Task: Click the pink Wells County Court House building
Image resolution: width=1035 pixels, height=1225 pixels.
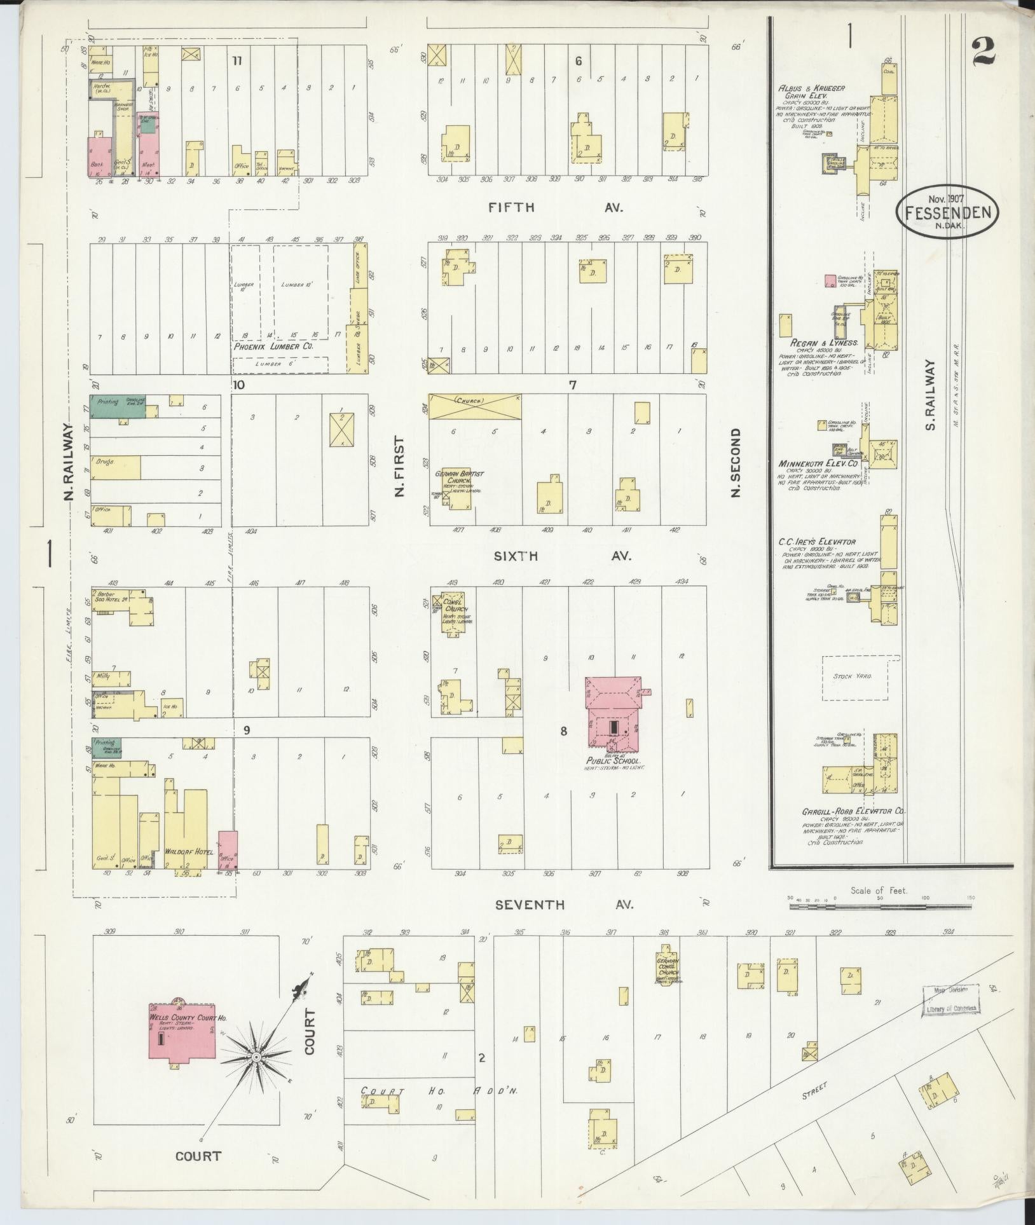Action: click(182, 1032)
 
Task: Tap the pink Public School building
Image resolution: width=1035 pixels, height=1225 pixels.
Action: click(613, 715)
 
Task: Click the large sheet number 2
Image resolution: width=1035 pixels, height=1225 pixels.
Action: click(983, 51)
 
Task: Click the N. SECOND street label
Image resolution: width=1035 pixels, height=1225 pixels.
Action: click(736, 462)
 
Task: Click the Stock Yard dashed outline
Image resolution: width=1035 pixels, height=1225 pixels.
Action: click(861, 678)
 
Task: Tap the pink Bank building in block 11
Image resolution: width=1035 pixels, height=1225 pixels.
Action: click(99, 157)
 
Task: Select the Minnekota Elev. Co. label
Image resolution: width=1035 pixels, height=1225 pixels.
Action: click(817, 463)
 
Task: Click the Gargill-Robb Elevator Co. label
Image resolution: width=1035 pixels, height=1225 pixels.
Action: click(853, 812)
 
